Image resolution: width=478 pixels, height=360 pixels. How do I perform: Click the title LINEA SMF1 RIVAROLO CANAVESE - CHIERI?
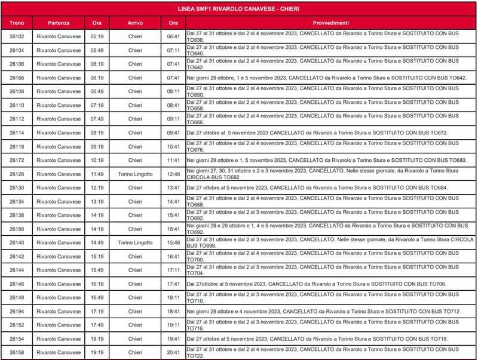pyautogui.click(x=239, y=10)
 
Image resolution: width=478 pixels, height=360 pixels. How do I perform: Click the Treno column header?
pyautogui.click(x=17, y=23)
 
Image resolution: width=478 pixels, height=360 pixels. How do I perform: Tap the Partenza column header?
pyautogui.click(x=59, y=23)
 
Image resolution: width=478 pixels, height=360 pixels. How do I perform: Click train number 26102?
pyautogui.click(x=17, y=36)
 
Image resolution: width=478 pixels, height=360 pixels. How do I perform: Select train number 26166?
pyautogui.click(x=17, y=78)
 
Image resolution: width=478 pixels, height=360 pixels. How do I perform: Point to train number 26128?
pyautogui.click(x=17, y=174)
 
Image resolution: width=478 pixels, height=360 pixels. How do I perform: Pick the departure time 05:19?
pyautogui.click(x=97, y=36)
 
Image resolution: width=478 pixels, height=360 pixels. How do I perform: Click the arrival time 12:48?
pyautogui.click(x=173, y=174)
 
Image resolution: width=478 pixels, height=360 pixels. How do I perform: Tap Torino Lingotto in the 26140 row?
pyautogui.click(x=135, y=242)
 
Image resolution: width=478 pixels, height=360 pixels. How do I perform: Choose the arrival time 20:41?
pyautogui.click(x=173, y=352)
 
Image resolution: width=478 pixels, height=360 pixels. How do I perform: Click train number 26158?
pyautogui.click(x=17, y=352)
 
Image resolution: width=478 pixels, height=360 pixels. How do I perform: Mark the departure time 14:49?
pyautogui.click(x=97, y=242)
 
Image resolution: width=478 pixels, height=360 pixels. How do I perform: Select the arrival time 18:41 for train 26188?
pyautogui.click(x=173, y=229)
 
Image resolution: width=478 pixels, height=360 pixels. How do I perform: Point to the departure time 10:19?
pyautogui.click(x=97, y=160)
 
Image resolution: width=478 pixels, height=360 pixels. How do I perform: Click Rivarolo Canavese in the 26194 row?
pyautogui.click(x=59, y=311)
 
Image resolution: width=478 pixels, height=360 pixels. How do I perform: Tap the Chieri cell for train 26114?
pyautogui.click(x=135, y=133)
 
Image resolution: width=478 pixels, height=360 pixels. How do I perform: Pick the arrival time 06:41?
pyautogui.click(x=173, y=36)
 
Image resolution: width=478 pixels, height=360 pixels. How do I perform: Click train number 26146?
pyautogui.click(x=17, y=284)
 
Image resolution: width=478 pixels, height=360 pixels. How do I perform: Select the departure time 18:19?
pyautogui.click(x=97, y=339)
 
